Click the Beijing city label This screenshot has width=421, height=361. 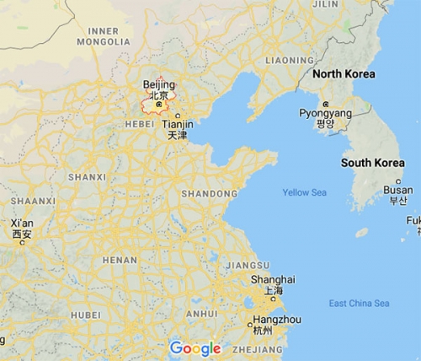tap(159, 85)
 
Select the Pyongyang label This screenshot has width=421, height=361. tap(325, 113)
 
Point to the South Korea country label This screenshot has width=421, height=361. tap(372, 162)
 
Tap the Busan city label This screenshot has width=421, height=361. tap(398, 190)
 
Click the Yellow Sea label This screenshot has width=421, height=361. tap(305, 192)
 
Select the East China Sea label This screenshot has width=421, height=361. tap(360, 304)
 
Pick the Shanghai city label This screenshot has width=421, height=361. tap(273, 279)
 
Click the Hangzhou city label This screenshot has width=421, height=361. tap(264, 320)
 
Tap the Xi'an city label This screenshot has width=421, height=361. tap(22, 224)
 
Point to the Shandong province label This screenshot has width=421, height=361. tap(209, 194)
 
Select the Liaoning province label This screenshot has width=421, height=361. tap(289, 61)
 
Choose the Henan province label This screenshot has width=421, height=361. tap(120, 260)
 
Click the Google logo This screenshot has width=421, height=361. tap(195, 348)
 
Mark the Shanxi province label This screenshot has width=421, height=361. tap(87, 177)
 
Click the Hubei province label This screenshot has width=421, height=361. tap(85, 315)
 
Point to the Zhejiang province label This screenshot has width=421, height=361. tap(258, 348)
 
